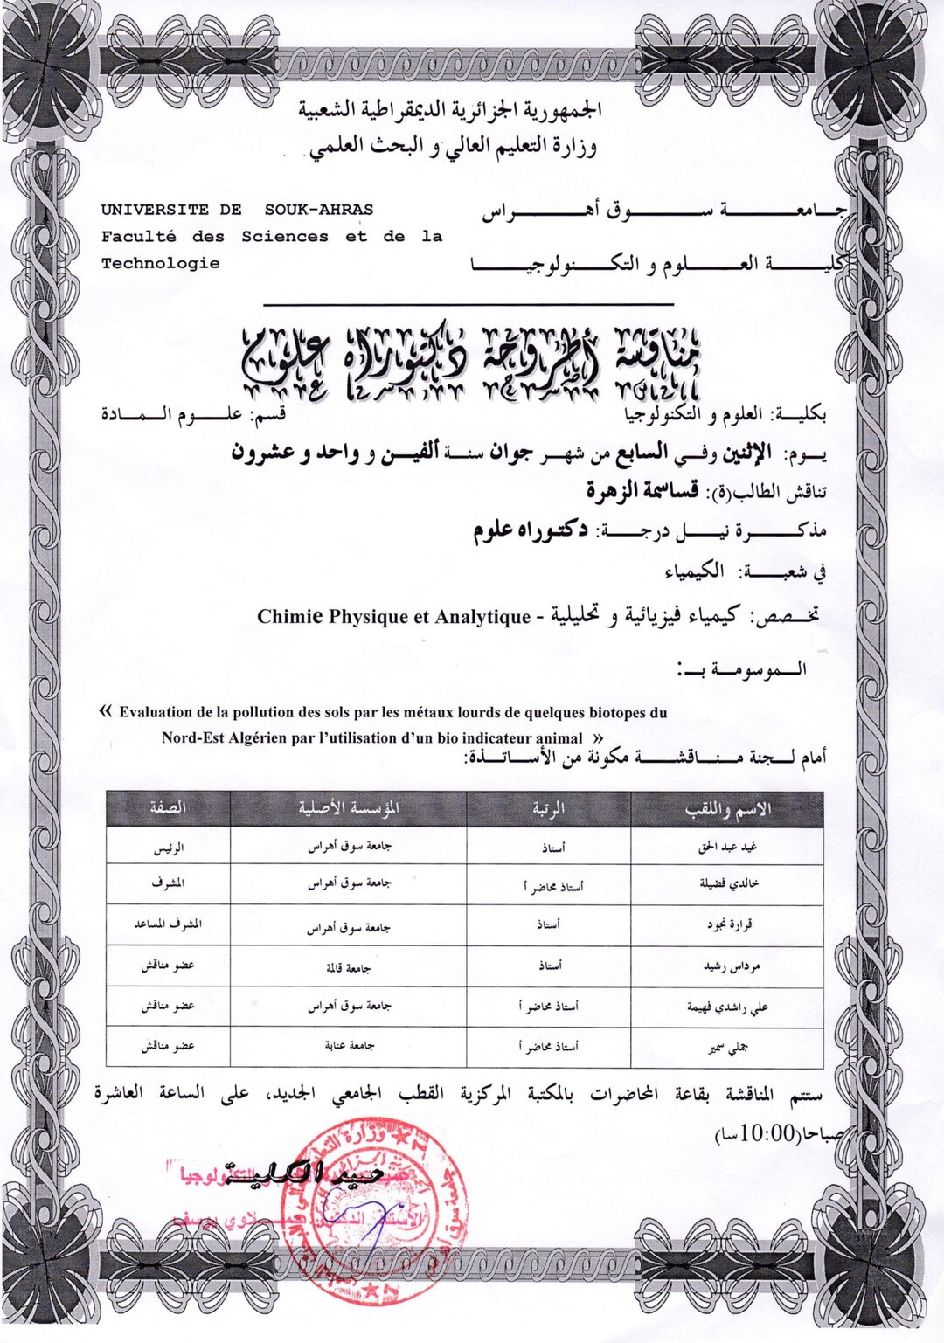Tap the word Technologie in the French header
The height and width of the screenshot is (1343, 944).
coord(160,263)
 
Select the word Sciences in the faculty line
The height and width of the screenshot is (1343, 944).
coord(285,236)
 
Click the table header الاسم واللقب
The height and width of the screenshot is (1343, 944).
coord(727,809)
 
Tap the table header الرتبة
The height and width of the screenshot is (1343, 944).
coord(548,809)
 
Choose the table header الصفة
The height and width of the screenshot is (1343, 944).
coord(168,809)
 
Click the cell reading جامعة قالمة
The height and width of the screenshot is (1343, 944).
coord(348,967)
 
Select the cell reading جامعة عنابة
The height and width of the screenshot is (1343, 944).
coord(349,1045)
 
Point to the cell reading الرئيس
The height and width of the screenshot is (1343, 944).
coord(168,847)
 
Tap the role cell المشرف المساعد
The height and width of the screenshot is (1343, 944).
coord(168,924)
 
